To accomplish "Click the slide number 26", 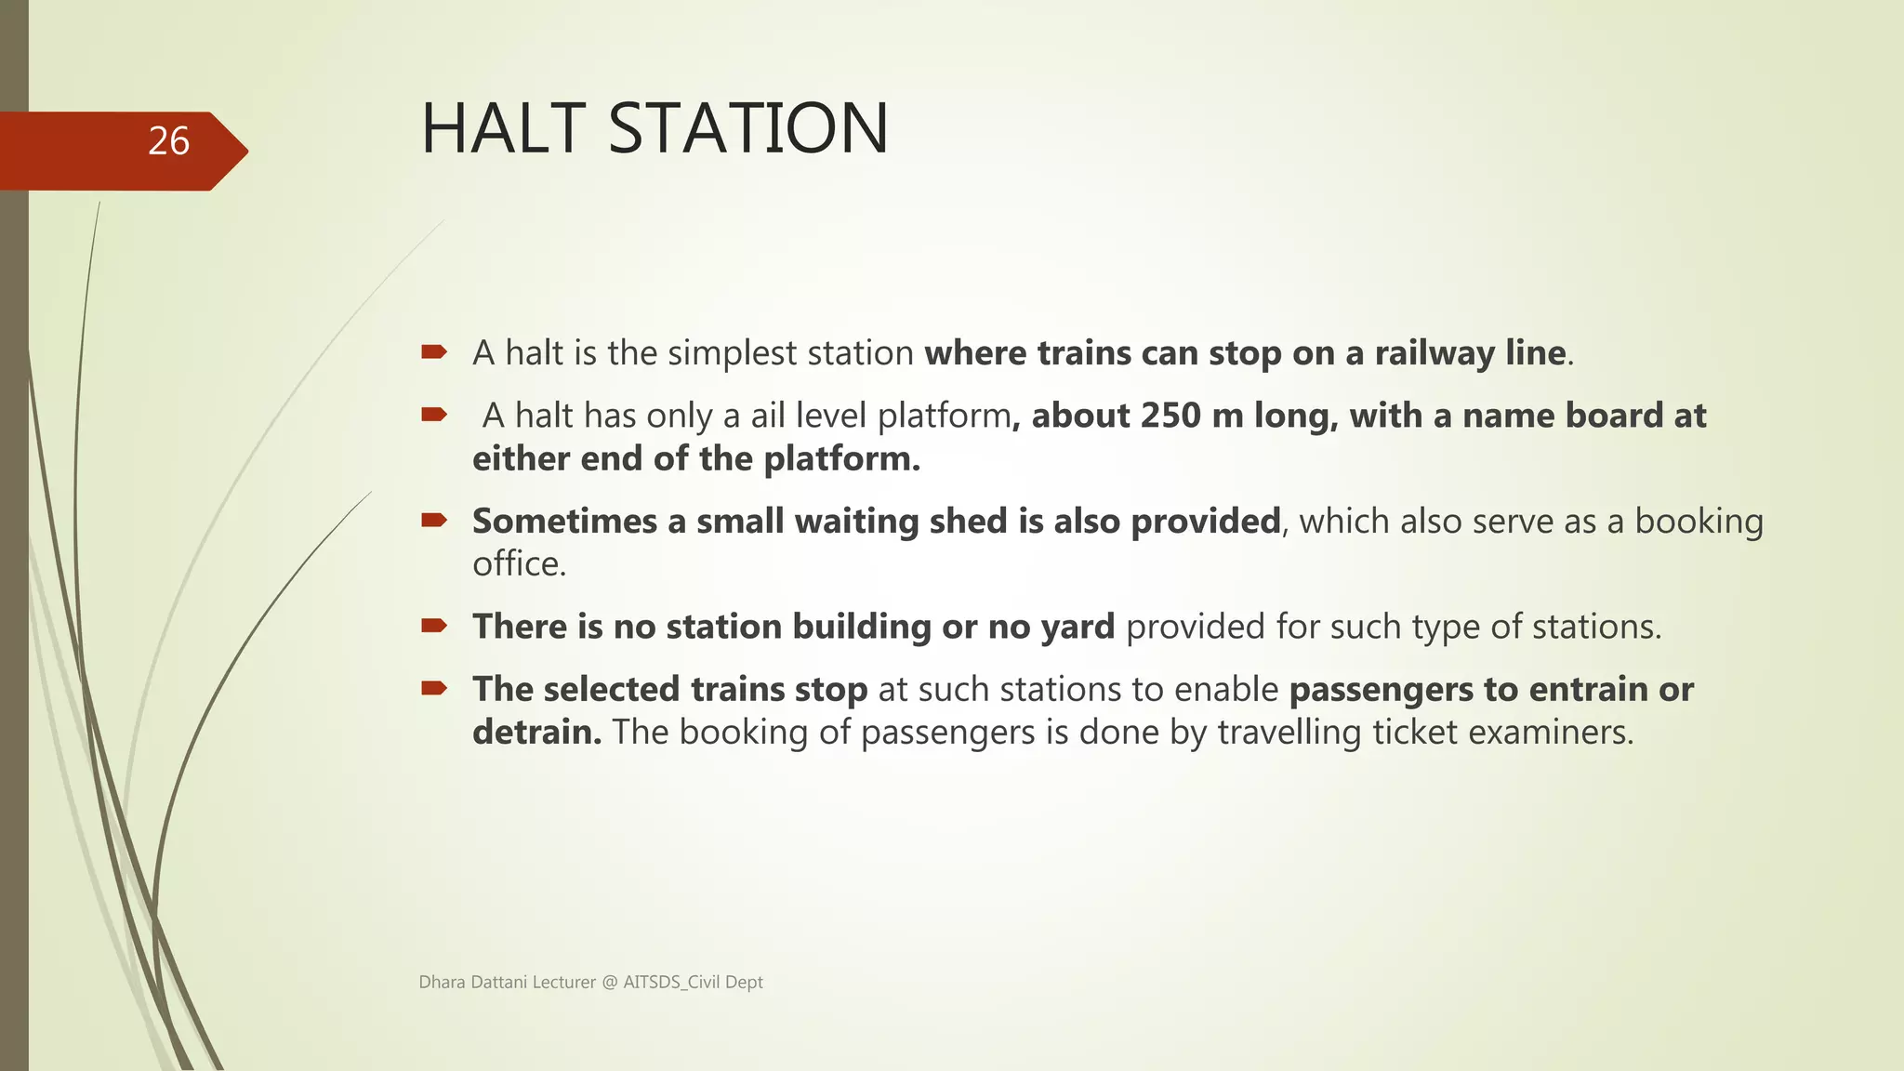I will click(x=168, y=141).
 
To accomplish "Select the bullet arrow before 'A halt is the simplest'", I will click(x=434, y=352).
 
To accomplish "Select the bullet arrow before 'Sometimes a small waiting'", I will click(x=434, y=521).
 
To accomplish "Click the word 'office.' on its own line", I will click(x=519, y=564).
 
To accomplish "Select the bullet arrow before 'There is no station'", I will click(x=434, y=626).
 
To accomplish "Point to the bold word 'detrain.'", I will click(x=536, y=733).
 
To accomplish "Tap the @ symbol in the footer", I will click(x=609, y=983).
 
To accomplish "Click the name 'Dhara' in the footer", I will click(x=442, y=983).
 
